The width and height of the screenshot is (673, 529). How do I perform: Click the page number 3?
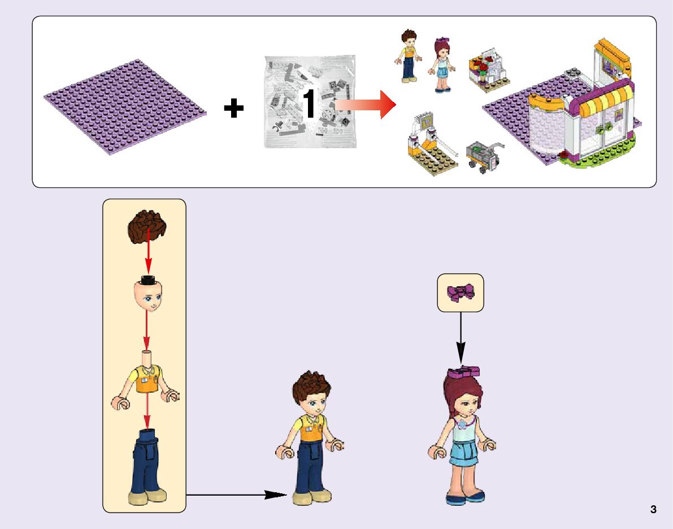[653, 509]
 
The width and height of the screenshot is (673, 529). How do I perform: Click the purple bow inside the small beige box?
[461, 293]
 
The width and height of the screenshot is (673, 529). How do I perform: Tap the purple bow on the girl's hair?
[463, 372]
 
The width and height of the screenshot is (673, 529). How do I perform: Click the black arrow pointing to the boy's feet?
[237, 495]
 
